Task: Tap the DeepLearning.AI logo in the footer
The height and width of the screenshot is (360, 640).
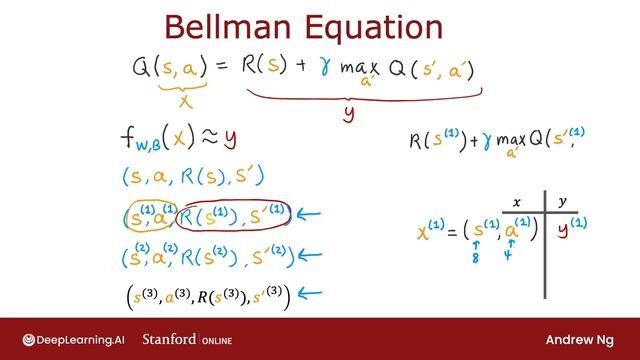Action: [x=70, y=338]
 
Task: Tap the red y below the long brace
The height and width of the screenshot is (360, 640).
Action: [x=348, y=113]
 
